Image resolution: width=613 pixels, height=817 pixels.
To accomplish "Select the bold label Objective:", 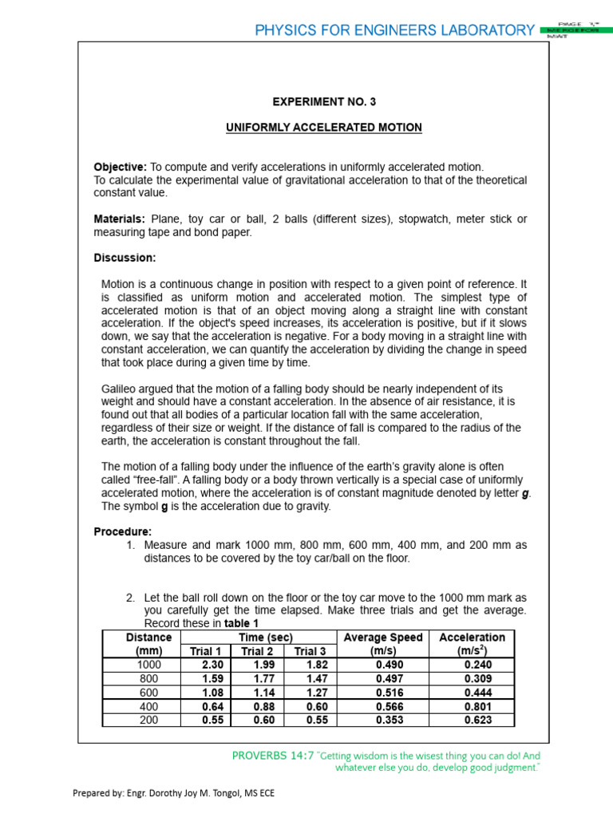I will [121, 167].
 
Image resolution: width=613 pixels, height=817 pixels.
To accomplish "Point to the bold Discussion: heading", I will [125, 258].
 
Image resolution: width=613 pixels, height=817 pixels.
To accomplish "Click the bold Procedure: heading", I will [123, 531].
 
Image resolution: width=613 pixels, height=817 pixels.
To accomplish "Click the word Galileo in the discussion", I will [120, 389].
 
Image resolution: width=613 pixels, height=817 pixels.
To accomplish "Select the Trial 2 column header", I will [257, 651].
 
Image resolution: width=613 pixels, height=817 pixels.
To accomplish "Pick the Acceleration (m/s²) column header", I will [472, 644].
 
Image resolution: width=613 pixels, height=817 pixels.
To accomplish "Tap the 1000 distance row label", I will [148, 665].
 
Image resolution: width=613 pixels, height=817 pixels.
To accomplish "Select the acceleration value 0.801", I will [477, 706].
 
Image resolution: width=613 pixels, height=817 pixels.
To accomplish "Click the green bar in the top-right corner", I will [571, 30].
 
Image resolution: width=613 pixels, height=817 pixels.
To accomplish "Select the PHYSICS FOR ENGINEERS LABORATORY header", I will [394, 30].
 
